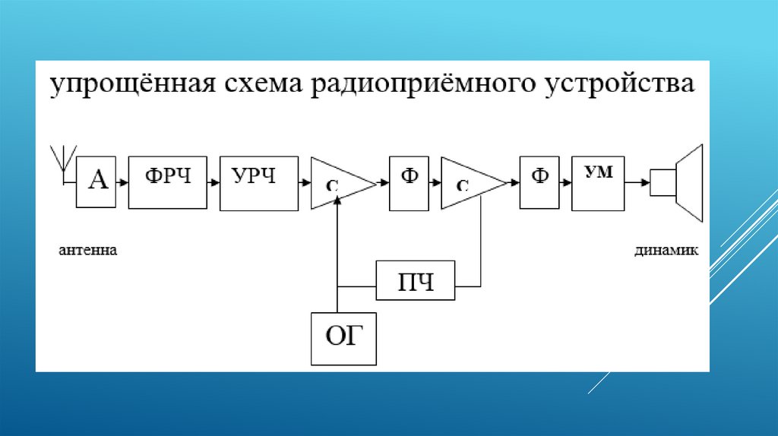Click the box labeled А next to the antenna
point(96,182)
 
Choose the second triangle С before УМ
point(466,183)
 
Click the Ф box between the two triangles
point(410,183)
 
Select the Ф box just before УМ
point(539,183)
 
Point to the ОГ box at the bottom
point(344,336)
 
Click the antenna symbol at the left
point(61,162)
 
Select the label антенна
point(88,250)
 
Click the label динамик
point(666,250)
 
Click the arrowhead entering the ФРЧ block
point(125,183)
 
